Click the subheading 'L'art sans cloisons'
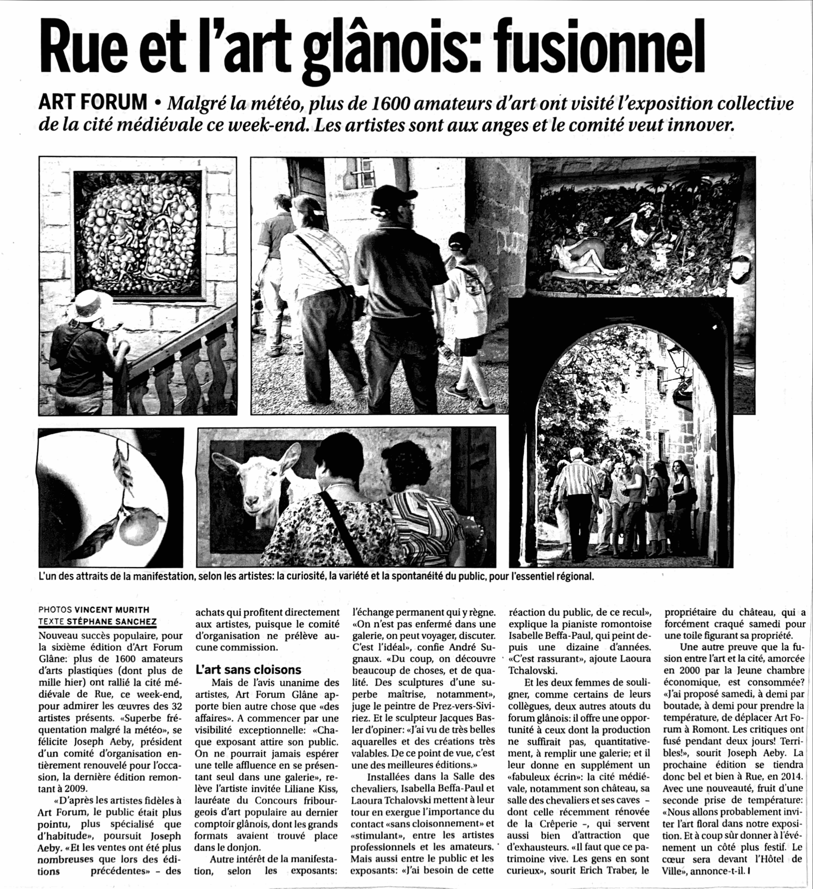point(248,670)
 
